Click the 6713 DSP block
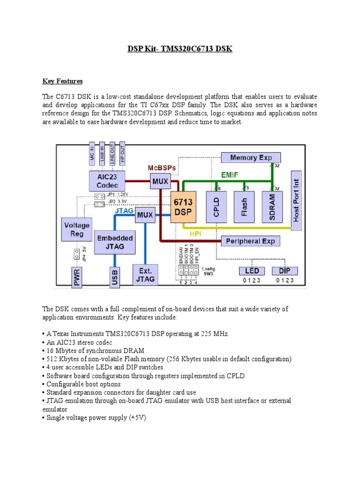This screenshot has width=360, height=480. (183, 207)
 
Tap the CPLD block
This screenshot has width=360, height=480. (217, 206)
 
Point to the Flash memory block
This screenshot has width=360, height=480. (244, 206)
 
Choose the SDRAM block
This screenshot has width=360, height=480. (272, 206)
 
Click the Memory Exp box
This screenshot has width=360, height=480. (250, 158)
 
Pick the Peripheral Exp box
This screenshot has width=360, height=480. (250, 241)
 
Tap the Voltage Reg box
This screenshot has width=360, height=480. (76, 229)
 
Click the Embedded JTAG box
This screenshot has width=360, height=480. (115, 242)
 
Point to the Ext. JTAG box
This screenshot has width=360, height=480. (145, 275)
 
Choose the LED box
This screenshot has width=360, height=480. (252, 271)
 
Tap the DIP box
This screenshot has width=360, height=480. (285, 271)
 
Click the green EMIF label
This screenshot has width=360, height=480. (230, 174)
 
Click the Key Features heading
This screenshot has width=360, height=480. (62, 81)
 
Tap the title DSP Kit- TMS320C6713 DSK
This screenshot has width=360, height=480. (180, 49)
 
